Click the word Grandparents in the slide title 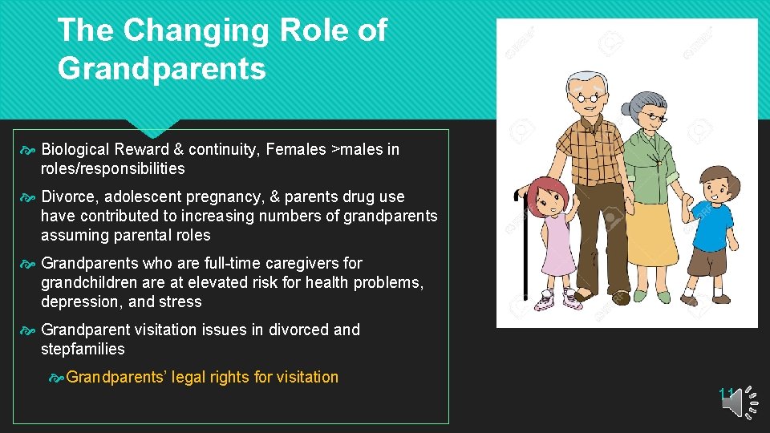pyautogui.click(x=161, y=69)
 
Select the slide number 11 pyautogui.click(x=726, y=393)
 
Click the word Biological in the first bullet pyautogui.click(x=75, y=149)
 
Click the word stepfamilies pyautogui.click(x=83, y=349)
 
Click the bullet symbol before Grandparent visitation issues pyautogui.click(x=30, y=330)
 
